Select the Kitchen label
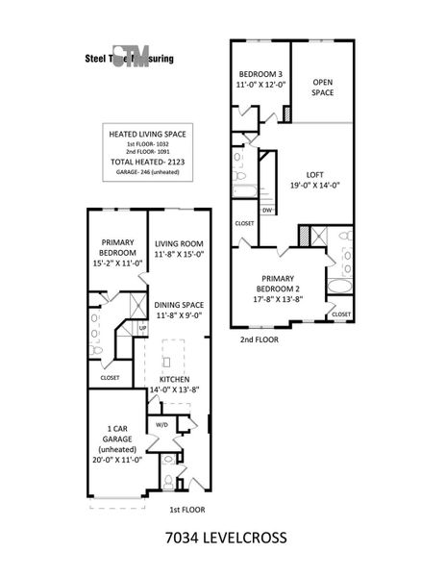coord(174,380)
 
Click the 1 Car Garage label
coord(116,432)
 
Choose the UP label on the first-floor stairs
coord(143,328)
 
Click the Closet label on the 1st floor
coord(110,377)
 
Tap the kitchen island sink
coord(165,362)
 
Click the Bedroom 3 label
coord(260,75)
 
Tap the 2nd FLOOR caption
coord(260,339)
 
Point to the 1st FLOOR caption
coord(187,510)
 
